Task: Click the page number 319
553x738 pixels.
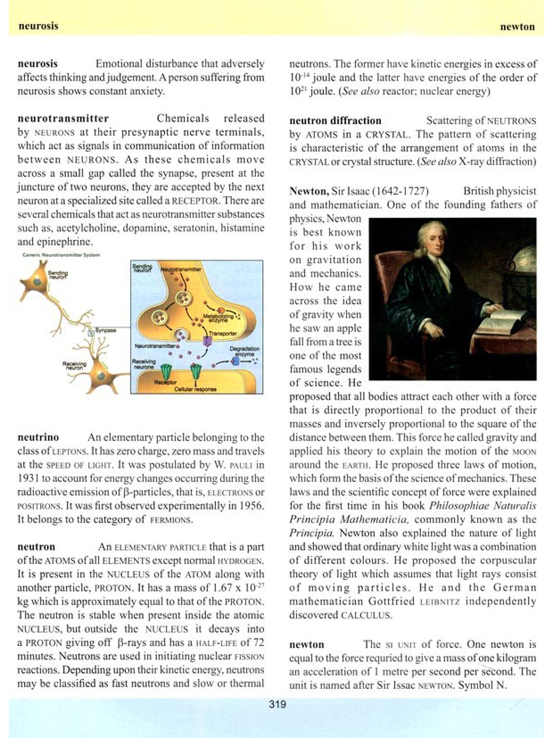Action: (x=277, y=704)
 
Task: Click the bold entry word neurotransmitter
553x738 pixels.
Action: (x=63, y=118)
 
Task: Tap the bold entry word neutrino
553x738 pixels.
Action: (x=38, y=437)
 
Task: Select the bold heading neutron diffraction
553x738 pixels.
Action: (x=335, y=121)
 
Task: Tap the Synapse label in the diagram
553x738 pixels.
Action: (x=106, y=330)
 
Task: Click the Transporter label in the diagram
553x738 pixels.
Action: (x=223, y=333)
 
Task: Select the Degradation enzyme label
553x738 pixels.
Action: (x=244, y=351)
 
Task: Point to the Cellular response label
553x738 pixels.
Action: (x=195, y=389)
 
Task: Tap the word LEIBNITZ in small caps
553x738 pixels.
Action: (x=440, y=602)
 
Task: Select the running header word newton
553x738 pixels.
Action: (x=517, y=27)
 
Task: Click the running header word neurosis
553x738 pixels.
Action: (x=38, y=26)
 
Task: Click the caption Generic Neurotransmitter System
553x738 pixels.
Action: (x=61, y=255)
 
